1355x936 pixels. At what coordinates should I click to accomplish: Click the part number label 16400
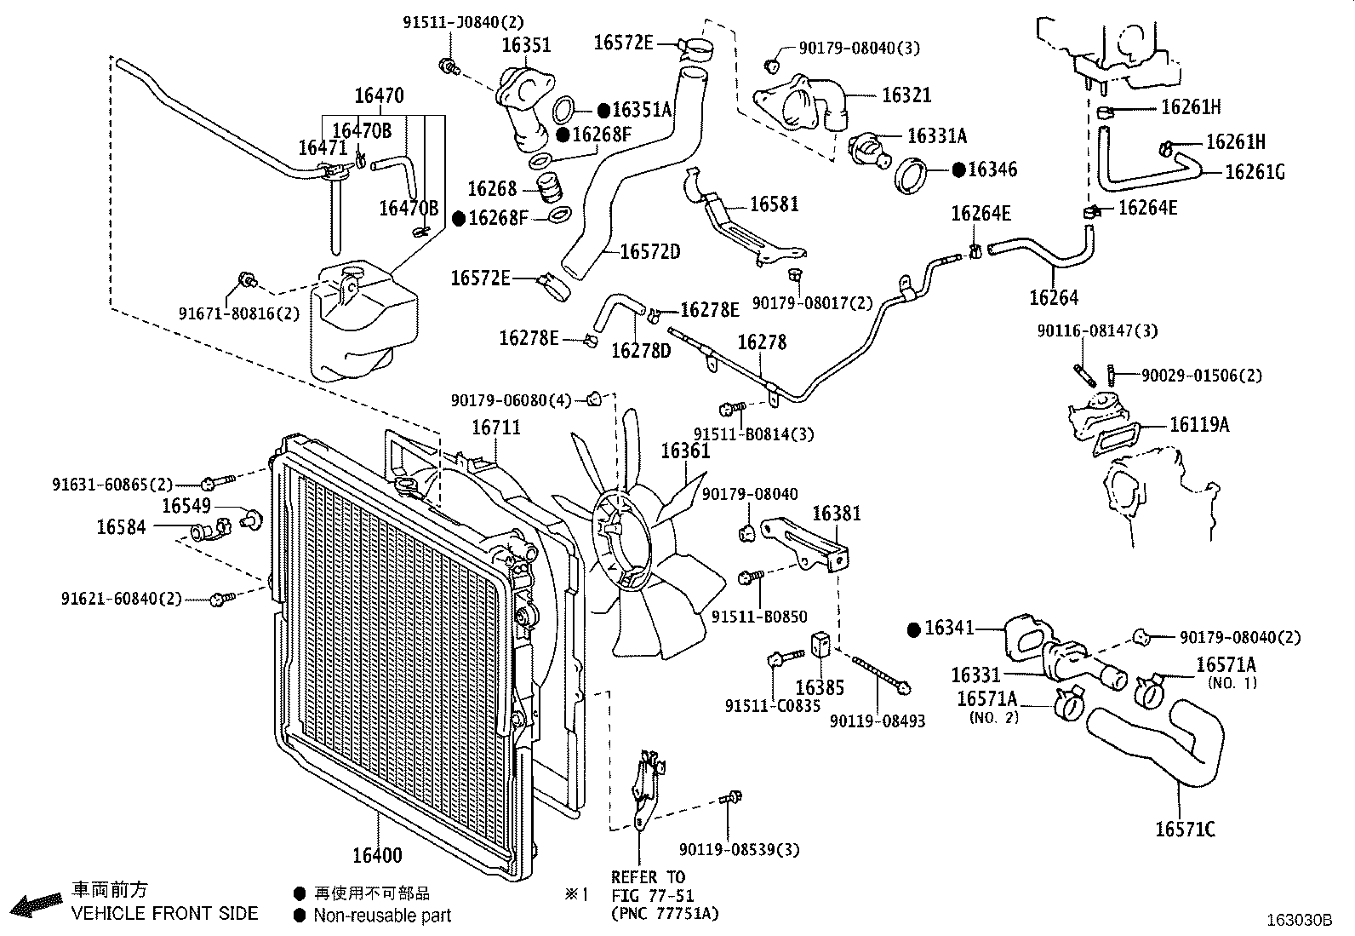[x=377, y=855]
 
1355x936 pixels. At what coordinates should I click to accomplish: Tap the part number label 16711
[x=496, y=427]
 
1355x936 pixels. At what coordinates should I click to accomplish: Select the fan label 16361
[x=685, y=451]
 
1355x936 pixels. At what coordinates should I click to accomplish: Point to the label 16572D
[x=650, y=251]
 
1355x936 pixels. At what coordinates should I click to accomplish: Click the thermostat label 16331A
[x=937, y=135]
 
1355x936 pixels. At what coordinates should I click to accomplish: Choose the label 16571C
[x=1185, y=829]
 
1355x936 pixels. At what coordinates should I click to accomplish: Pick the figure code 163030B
[x=1300, y=921]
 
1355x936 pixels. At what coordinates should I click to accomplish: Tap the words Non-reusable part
[x=382, y=916]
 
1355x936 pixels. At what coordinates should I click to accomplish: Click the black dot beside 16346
[x=958, y=170]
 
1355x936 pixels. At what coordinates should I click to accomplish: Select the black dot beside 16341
[x=914, y=629]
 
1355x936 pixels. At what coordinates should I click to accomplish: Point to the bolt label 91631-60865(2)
[x=112, y=485]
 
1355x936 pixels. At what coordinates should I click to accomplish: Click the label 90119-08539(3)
[x=739, y=849]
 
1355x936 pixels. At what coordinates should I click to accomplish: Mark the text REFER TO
[x=648, y=876]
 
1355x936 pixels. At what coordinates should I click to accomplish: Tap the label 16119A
[x=1199, y=424]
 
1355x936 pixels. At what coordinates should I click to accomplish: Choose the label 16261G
[x=1255, y=172]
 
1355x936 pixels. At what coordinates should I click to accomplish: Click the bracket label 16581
[x=775, y=204]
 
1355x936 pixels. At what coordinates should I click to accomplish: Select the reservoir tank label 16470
[x=379, y=95]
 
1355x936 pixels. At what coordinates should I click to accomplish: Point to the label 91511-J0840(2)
[x=463, y=22]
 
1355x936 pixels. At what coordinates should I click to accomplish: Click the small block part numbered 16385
[x=820, y=645]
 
